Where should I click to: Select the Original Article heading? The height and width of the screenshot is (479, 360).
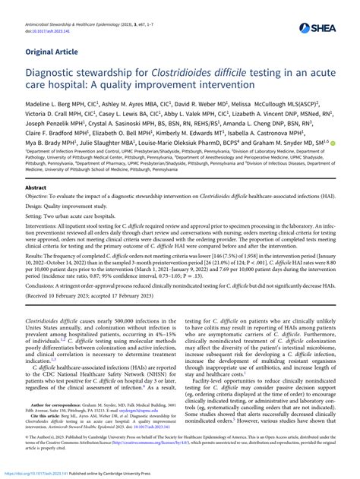point(55,52)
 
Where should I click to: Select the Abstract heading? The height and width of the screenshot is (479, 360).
point(36,188)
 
